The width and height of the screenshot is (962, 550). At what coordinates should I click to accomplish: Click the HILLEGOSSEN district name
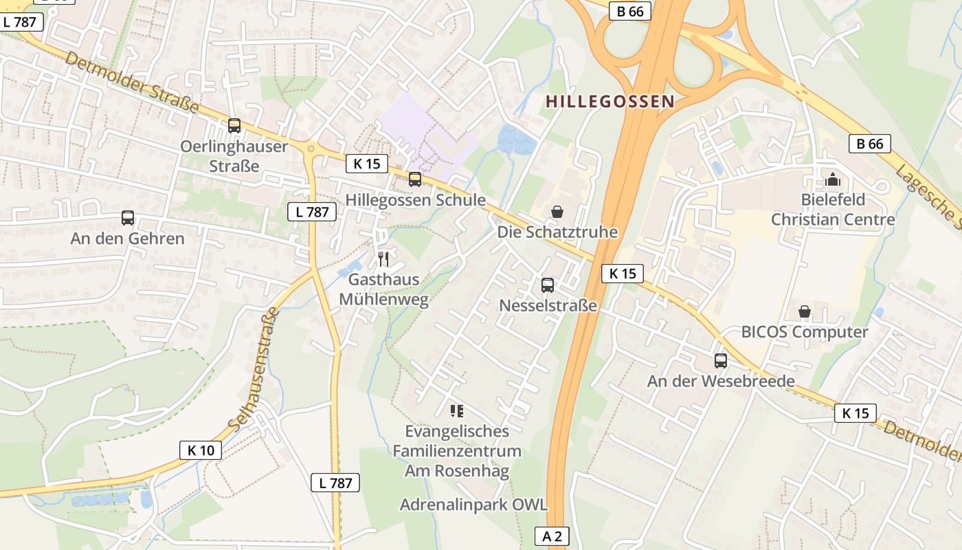(609, 102)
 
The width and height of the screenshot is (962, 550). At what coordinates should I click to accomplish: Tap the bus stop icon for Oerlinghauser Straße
(234, 126)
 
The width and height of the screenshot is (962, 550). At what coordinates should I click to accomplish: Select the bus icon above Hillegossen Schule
(415, 179)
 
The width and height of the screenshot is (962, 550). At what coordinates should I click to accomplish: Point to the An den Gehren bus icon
(128, 218)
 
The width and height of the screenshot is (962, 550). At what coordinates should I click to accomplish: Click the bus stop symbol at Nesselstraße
(548, 285)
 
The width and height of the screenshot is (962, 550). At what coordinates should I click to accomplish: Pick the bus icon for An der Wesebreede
(721, 360)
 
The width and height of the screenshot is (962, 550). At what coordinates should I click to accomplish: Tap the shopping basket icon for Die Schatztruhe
(557, 212)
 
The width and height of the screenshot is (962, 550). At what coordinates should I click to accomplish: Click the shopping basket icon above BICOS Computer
(805, 312)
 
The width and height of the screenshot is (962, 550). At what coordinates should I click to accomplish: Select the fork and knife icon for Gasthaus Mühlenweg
(383, 259)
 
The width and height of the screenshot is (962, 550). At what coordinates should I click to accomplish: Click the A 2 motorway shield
(552, 536)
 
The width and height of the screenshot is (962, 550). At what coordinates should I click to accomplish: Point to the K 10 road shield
(201, 450)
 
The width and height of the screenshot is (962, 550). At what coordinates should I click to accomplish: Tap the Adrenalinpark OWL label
(474, 505)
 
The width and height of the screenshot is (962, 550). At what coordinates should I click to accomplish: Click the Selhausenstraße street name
(254, 368)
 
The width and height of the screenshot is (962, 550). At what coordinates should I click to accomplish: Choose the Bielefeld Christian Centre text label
(833, 210)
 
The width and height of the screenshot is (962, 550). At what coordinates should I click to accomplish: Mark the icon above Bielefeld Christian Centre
(833, 180)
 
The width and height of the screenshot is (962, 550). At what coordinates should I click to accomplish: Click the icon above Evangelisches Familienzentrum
(457, 411)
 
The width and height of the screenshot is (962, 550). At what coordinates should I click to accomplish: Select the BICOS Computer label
(805, 332)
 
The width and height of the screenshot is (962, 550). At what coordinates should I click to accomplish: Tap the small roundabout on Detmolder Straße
(311, 147)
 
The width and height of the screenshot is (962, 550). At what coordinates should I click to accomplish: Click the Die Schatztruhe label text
(557, 232)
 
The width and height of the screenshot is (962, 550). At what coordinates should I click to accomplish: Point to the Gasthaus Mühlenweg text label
(383, 289)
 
